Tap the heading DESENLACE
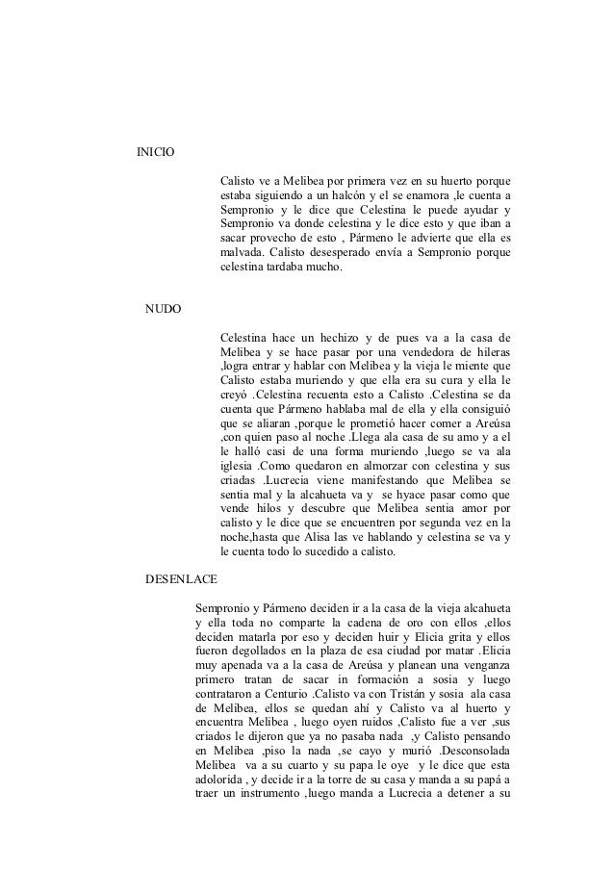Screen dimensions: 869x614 (x=181, y=579)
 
